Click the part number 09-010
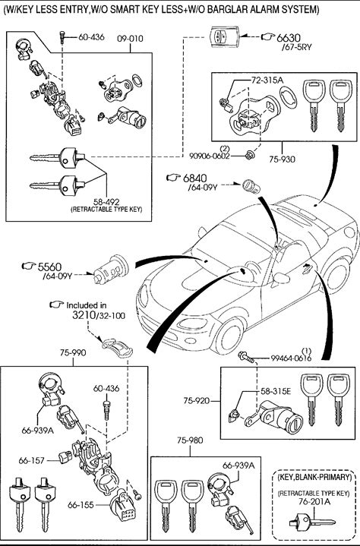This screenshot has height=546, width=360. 130,38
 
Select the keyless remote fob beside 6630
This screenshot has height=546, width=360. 224,36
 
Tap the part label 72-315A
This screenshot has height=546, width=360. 267,80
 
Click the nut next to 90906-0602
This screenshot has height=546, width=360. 249,155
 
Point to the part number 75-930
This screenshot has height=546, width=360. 282,159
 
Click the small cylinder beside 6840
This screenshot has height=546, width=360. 251,186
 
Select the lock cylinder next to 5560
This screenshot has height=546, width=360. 111,270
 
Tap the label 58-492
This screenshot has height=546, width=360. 106,202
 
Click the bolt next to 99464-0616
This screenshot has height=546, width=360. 247,357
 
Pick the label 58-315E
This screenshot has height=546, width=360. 276,391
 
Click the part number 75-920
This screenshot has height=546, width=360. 197,401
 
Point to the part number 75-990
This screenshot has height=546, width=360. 73,353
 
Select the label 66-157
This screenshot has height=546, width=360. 32,461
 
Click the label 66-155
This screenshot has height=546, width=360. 81,504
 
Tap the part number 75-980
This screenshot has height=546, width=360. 190,440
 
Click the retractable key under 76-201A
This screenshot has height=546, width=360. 312,522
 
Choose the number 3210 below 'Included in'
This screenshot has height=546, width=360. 84,315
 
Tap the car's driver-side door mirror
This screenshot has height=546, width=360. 281,278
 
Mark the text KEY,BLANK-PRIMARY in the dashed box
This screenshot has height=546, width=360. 314,477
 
